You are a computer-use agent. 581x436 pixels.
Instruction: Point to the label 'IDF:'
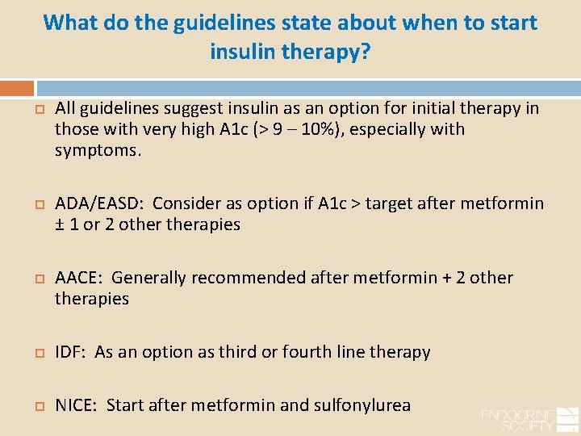(x=71, y=352)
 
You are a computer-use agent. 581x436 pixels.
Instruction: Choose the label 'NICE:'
(x=77, y=405)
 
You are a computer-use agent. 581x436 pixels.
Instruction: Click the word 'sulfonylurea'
(x=364, y=405)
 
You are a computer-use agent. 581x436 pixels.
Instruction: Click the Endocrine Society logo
(x=529, y=419)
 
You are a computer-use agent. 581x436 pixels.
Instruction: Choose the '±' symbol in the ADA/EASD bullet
(x=60, y=224)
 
